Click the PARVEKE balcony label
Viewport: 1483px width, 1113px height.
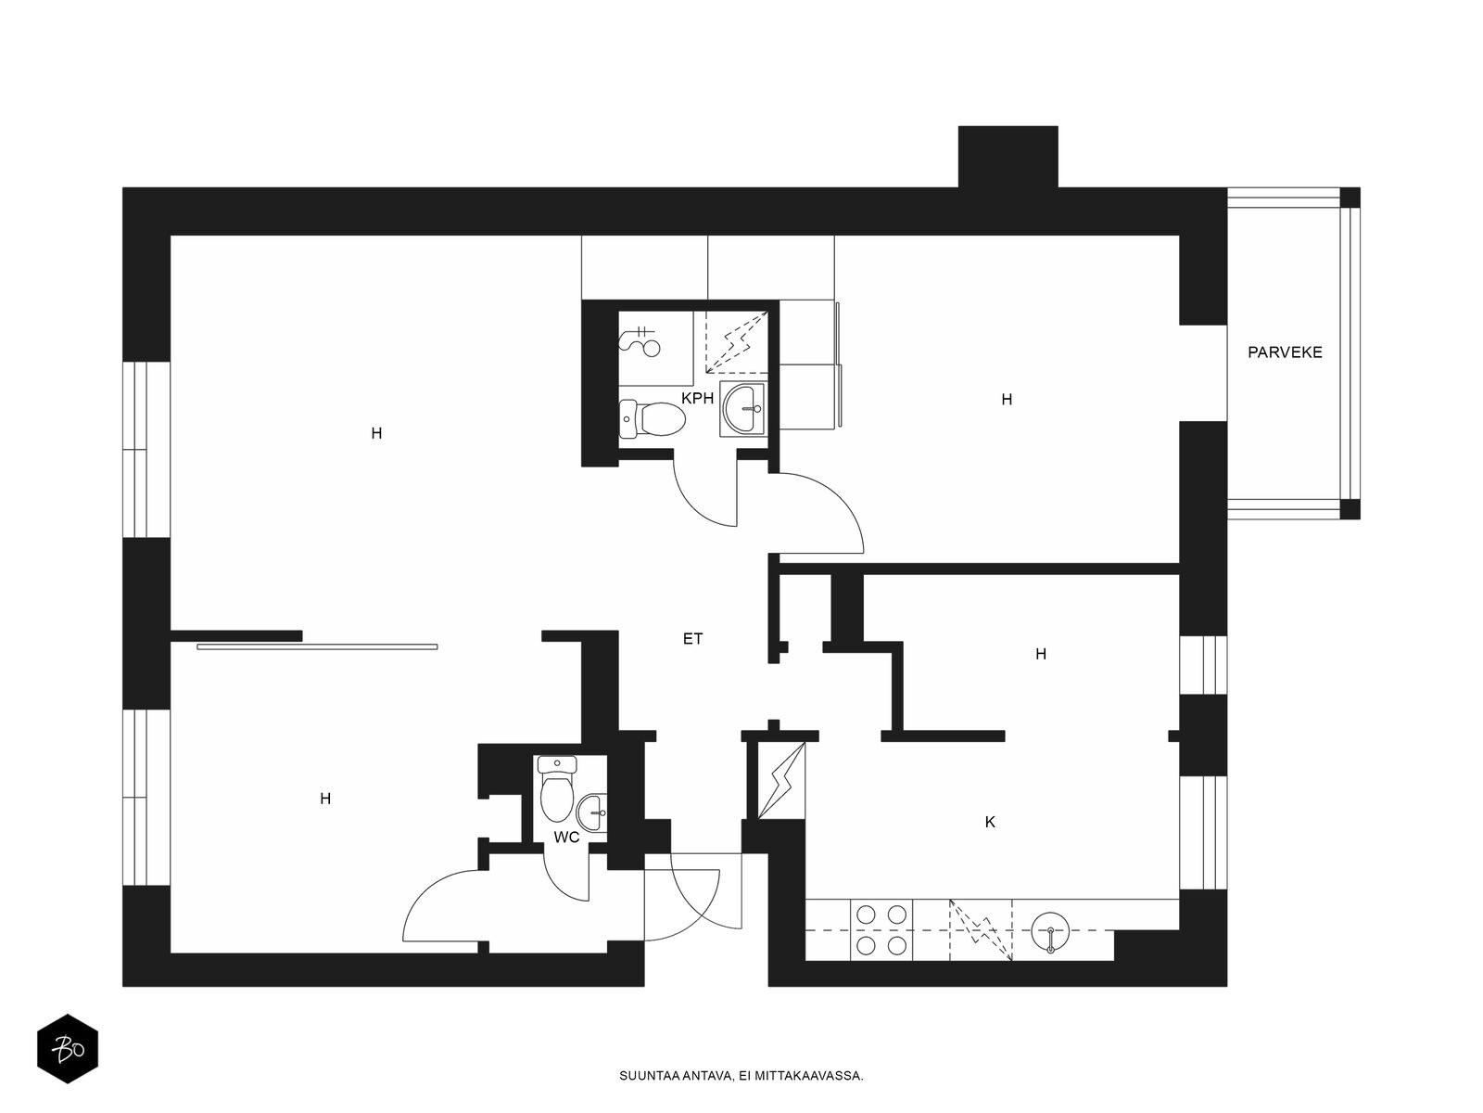click(x=1285, y=352)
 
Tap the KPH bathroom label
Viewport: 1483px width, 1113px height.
click(x=697, y=399)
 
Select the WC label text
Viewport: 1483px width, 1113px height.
click(x=566, y=838)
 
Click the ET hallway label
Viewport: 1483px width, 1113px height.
click(x=692, y=639)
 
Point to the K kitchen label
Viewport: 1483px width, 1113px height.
click(x=990, y=823)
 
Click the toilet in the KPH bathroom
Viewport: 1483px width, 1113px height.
click(x=653, y=418)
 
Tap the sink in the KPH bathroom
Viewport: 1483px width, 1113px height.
click(x=742, y=408)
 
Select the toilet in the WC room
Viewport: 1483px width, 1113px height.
click(x=557, y=787)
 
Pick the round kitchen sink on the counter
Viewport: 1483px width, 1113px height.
click(x=1050, y=931)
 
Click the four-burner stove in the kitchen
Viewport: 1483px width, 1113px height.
click(x=881, y=930)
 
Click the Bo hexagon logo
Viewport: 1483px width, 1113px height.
click(x=68, y=1049)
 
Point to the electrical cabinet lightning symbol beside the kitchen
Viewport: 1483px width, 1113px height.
click(x=781, y=781)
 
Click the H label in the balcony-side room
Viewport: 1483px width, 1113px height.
click(x=1007, y=400)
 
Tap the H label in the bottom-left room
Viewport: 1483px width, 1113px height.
click(x=325, y=799)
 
